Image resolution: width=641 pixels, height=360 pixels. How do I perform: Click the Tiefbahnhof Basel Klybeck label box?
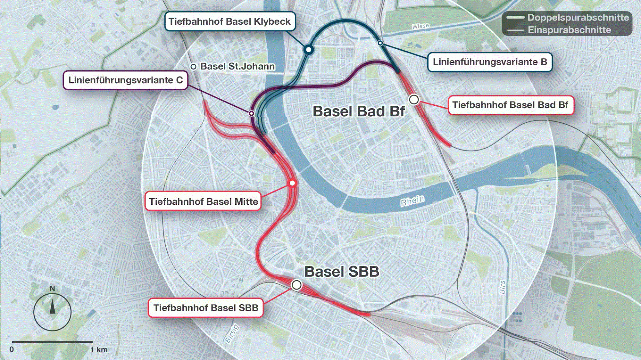pyautogui.click(x=229, y=21)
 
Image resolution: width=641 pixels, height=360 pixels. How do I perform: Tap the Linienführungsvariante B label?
pyautogui.click(x=490, y=62)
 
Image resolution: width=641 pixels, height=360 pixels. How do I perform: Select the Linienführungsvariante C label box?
pyautogui.click(x=125, y=80)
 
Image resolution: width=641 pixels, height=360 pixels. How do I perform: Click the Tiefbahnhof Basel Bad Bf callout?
pyautogui.click(x=510, y=105)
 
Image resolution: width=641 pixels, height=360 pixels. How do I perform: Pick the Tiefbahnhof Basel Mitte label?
pyautogui.click(x=203, y=201)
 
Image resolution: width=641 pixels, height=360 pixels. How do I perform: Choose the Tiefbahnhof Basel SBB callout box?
pyautogui.click(x=205, y=308)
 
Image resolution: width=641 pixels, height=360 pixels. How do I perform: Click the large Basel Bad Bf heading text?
pyautogui.click(x=359, y=111)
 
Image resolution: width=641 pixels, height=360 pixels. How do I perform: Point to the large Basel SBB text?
pyautogui.click(x=342, y=272)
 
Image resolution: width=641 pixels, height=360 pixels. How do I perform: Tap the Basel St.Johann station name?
pyautogui.click(x=237, y=66)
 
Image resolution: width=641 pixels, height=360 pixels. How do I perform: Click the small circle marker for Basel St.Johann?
pyautogui.click(x=193, y=67)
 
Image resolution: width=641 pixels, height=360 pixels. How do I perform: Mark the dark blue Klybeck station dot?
pyautogui.click(x=309, y=49)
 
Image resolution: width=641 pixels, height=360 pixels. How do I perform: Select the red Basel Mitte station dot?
pyautogui.click(x=292, y=183)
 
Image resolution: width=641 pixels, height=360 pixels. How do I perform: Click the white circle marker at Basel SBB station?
pyautogui.click(x=296, y=285)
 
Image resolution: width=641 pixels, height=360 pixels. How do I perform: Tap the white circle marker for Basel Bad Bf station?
pyautogui.click(x=414, y=100)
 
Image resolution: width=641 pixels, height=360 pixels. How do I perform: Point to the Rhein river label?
pyautogui.click(x=412, y=201)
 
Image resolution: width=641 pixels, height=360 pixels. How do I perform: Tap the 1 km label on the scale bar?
pyautogui.click(x=99, y=349)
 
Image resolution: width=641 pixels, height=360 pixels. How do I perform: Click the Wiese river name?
pyautogui.click(x=420, y=26)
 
